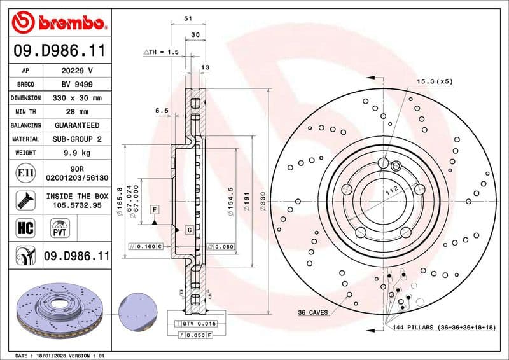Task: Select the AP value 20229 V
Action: point(75,71)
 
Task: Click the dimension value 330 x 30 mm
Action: point(75,99)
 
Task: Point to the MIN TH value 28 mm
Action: point(75,112)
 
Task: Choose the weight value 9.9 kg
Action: point(75,153)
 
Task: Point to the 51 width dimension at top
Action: point(188,19)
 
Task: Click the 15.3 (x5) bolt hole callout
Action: point(435,81)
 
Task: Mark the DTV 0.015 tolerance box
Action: point(198,324)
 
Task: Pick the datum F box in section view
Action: point(154,209)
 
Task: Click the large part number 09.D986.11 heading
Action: point(59,50)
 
